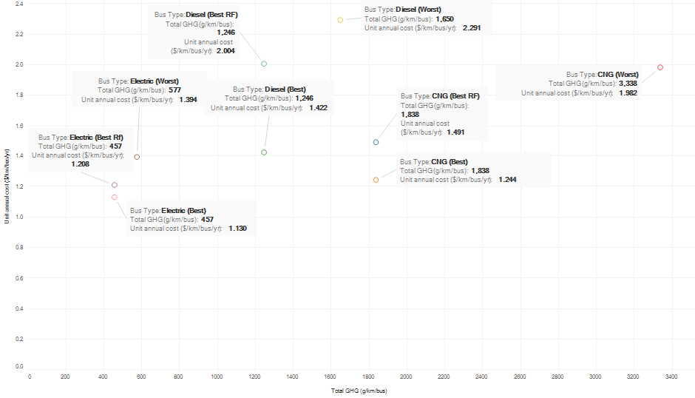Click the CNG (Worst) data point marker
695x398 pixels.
[660, 67]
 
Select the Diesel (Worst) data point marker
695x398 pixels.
[340, 20]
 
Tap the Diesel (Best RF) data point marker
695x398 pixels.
[264, 64]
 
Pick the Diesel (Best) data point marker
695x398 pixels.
[264, 152]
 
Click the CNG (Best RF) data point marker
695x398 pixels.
[376, 142]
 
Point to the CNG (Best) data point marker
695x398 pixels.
[376, 180]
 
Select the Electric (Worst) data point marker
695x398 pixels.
[137, 157]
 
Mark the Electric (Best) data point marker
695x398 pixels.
[115, 197]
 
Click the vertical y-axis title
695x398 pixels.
[7, 186]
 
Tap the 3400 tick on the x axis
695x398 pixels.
[671, 377]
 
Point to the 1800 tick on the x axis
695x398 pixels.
[369, 377]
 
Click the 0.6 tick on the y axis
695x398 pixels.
[18, 277]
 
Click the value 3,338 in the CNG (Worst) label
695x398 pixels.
[628, 84]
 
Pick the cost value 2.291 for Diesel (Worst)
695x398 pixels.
[472, 28]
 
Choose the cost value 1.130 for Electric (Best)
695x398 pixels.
[237, 229]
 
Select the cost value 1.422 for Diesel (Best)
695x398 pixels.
[319, 108]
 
